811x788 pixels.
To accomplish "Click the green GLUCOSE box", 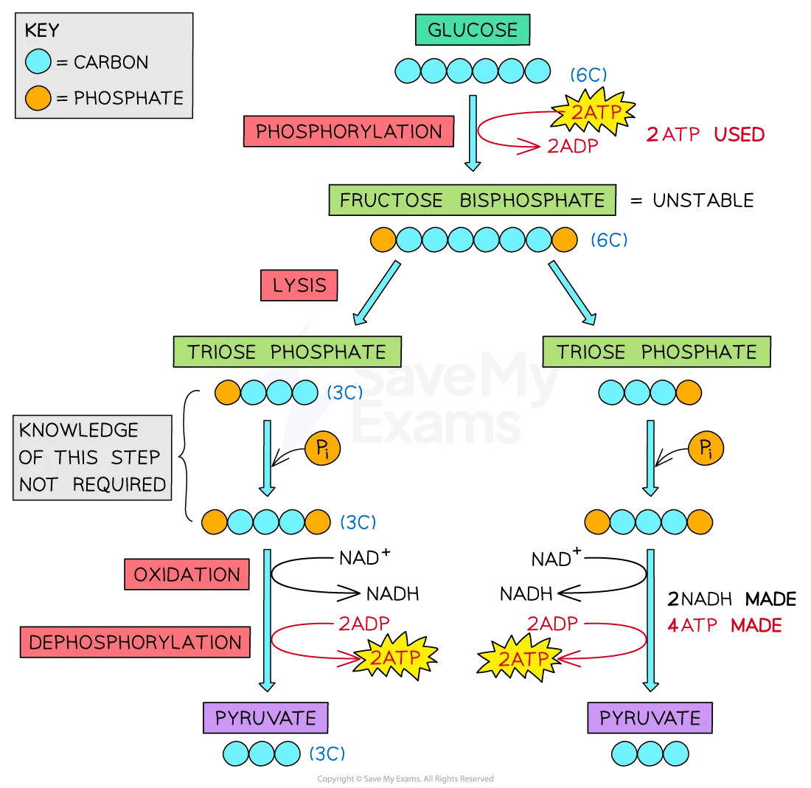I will pos(473,31).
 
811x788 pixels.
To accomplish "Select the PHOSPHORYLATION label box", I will pos(348,132).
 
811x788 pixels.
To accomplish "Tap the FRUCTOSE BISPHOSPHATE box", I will pos(472,201).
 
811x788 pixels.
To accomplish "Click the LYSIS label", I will pos(299,285).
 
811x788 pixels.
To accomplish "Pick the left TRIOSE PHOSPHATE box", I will pos(287,352).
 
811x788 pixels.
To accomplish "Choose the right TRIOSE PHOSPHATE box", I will pos(656,352).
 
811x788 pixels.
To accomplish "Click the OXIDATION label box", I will pos(187,575).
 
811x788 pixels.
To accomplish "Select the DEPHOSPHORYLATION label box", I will pos(135,642).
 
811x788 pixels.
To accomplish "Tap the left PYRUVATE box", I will pos(265,717).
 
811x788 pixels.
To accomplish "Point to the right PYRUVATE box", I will pos(650,717).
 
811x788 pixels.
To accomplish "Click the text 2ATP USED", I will pos(705,135).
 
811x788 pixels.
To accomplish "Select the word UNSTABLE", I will pos(703,201).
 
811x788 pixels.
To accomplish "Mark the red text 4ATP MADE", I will pos(723,626).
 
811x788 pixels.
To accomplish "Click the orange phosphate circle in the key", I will pos(38,97).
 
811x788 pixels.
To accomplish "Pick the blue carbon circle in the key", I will pos(38,63).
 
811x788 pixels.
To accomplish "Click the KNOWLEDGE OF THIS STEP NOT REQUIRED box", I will pos(92,457).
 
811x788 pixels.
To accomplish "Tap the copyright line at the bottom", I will pos(405,779).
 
